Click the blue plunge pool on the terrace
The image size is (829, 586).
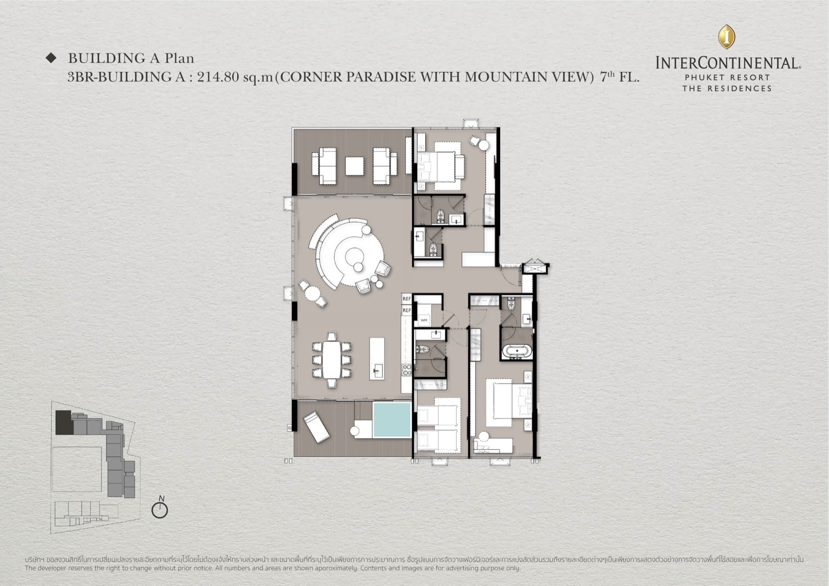pyautogui.click(x=391, y=419)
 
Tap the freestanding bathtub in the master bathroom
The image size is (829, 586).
pyautogui.click(x=516, y=352)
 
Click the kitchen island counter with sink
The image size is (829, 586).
pyautogui.click(x=376, y=359)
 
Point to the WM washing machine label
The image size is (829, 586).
pyautogui.click(x=424, y=320)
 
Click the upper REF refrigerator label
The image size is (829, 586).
pyautogui.click(x=406, y=299)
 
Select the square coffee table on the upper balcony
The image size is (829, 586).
pyautogui.click(x=355, y=166)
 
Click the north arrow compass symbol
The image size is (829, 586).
pyautogui.click(x=160, y=510)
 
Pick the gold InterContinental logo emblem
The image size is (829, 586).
pyautogui.click(x=726, y=36)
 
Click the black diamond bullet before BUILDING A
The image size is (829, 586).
pyautogui.click(x=51, y=58)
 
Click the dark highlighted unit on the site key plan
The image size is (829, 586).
pyautogui.click(x=64, y=423)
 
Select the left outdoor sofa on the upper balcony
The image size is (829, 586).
pyautogui.click(x=325, y=166)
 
